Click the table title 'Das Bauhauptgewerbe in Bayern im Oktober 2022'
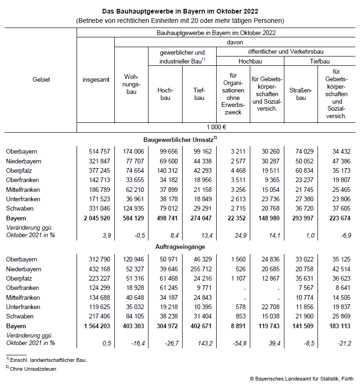click(180, 10)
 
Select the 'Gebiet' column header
click(41, 80)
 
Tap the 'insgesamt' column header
click(96, 80)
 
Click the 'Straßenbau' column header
click(298, 94)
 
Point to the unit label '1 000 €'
click(217, 127)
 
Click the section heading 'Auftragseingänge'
click(180, 246)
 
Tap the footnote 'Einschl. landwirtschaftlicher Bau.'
click(48, 360)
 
